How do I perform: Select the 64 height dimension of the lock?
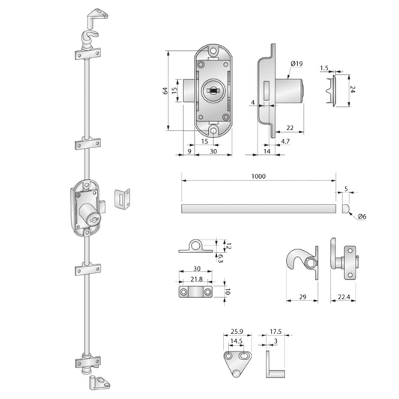click(x=167, y=91)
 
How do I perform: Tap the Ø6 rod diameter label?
click(x=362, y=216)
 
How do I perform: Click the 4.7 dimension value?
click(x=285, y=141)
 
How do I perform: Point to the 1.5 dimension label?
click(x=324, y=67)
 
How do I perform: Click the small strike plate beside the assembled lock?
click(x=121, y=199)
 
